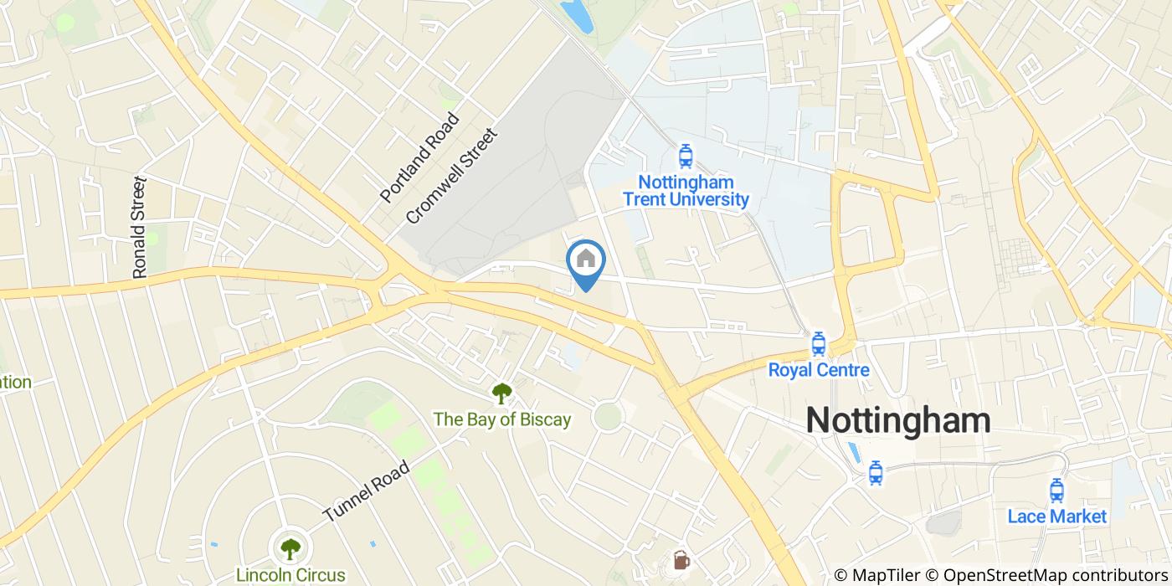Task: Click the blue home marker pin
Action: (x=586, y=260)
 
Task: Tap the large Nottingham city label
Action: (x=897, y=420)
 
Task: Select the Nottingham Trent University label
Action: (x=686, y=191)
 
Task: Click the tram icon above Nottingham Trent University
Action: (x=686, y=156)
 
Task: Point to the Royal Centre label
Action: (x=819, y=370)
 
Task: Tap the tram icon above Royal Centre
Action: (x=819, y=343)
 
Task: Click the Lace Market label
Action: (x=1056, y=516)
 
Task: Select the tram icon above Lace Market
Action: (x=1056, y=490)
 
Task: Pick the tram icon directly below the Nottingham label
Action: (x=876, y=473)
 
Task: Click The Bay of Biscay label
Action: (x=501, y=419)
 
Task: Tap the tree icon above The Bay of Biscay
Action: (x=501, y=393)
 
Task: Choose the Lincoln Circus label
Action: (x=290, y=575)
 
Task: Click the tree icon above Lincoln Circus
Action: (x=290, y=549)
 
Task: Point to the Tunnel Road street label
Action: (x=367, y=491)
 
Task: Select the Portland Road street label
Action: (x=420, y=157)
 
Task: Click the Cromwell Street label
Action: (x=451, y=176)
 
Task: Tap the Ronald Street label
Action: (x=140, y=227)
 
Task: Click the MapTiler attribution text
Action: (x=876, y=575)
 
